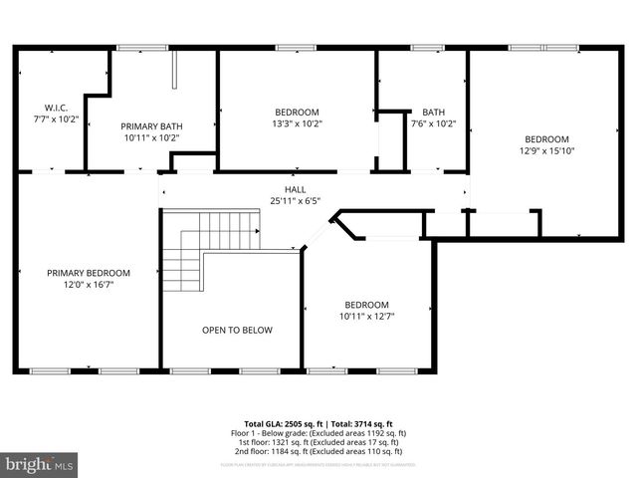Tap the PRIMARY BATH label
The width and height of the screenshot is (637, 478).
(x=151, y=126)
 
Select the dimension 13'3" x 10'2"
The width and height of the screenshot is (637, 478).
(x=298, y=123)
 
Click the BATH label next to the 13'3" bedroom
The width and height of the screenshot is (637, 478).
(x=433, y=113)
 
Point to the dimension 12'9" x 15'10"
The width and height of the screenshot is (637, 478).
(x=547, y=151)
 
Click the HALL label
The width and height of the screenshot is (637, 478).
(x=295, y=188)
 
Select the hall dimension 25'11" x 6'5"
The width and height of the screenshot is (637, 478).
(x=295, y=200)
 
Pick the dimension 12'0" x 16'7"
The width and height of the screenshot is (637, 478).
(x=89, y=285)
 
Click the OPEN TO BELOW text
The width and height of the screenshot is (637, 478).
(x=237, y=330)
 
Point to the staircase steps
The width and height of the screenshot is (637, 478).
(x=199, y=249)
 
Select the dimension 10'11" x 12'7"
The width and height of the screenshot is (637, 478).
(x=366, y=317)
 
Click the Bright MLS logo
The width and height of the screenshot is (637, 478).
(x=40, y=464)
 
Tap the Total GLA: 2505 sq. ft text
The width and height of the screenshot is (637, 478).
(x=279, y=423)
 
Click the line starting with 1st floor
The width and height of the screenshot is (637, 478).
(x=318, y=442)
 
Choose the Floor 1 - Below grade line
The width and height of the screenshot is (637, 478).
(x=318, y=433)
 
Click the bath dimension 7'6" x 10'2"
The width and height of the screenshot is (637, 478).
(x=433, y=124)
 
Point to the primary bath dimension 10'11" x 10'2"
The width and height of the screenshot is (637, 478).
(x=151, y=138)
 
